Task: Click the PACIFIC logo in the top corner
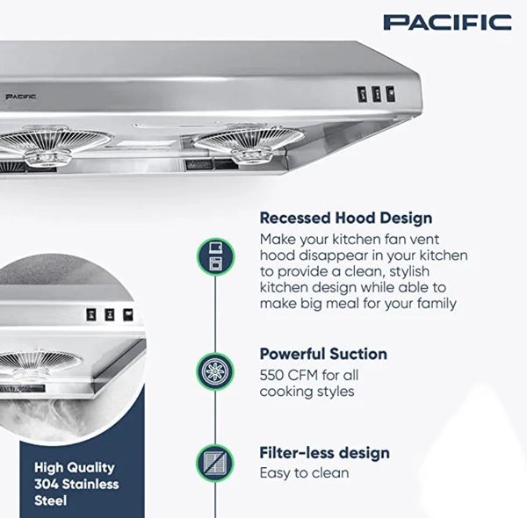(447, 23)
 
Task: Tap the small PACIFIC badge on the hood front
(21, 97)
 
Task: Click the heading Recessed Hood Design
(346, 218)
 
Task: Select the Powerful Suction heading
(323, 354)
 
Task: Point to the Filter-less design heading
(325, 453)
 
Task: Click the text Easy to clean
(304, 473)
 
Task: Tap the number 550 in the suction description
(271, 375)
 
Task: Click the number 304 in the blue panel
(47, 484)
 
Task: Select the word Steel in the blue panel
(50, 500)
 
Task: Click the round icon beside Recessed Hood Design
(215, 256)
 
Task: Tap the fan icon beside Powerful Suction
(215, 372)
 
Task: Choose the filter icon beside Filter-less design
(215, 463)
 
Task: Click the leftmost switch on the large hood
(362, 95)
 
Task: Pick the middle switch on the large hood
(377, 95)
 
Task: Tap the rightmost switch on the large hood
(390, 94)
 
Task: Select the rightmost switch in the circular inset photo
(127, 315)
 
